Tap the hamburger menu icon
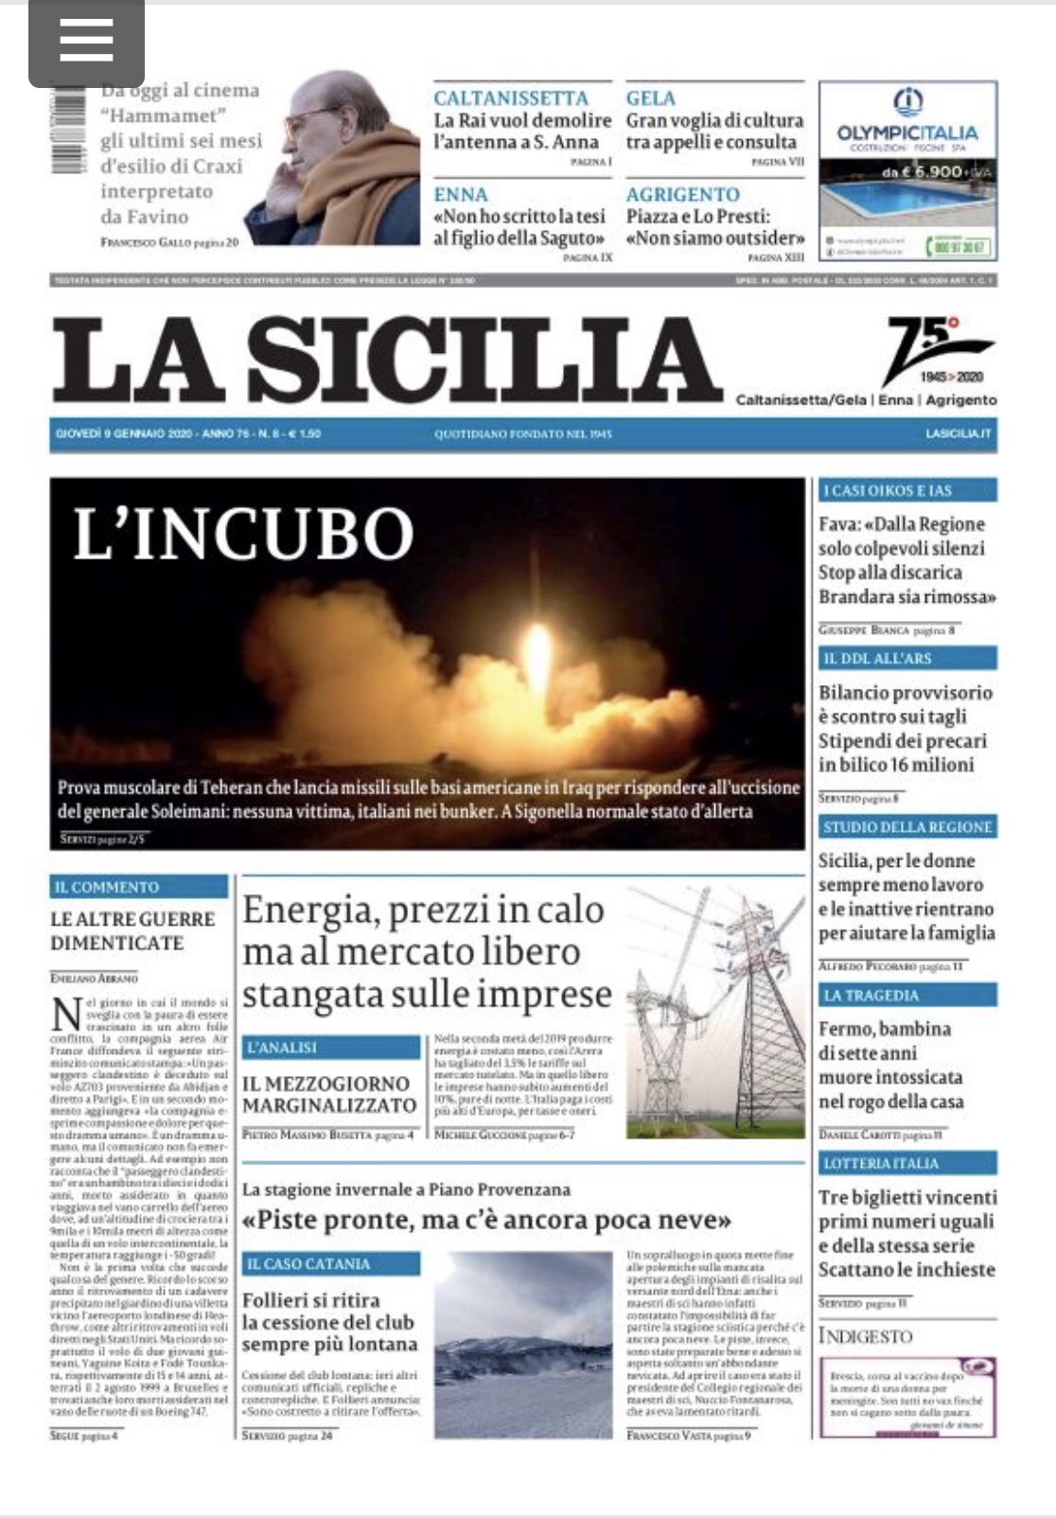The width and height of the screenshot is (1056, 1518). pyautogui.click(x=86, y=42)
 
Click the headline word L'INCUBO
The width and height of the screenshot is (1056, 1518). pyautogui.click(x=243, y=534)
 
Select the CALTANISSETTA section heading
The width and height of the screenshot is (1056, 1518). pyautogui.click(x=510, y=97)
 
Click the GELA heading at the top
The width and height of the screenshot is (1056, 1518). pyautogui.click(x=650, y=97)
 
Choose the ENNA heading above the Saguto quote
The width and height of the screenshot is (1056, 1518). pyautogui.click(x=461, y=194)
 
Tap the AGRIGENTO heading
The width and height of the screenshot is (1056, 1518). pyautogui.click(x=682, y=194)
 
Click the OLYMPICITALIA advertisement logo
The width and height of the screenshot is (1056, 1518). pyautogui.click(x=907, y=120)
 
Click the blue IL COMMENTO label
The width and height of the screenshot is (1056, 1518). pyautogui.click(x=138, y=887)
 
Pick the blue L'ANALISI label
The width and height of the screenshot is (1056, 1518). pyautogui.click(x=330, y=1048)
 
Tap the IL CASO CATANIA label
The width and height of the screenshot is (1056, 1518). pyautogui.click(x=330, y=1263)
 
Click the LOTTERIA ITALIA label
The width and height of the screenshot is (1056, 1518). pyautogui.click(x=906, y=1163)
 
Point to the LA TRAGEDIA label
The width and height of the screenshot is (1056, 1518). pyautogui.click(x=906, y=995)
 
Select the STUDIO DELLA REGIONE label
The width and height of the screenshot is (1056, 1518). pyautogui.click(x=906, y=826)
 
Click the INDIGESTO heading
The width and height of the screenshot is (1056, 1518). pyautogui.click(x=865, y=1336)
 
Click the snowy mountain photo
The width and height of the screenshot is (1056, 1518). pyautogui.click(x=523, y=1344)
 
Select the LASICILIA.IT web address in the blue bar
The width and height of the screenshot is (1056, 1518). pyautogui.click(x=959, y=433)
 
